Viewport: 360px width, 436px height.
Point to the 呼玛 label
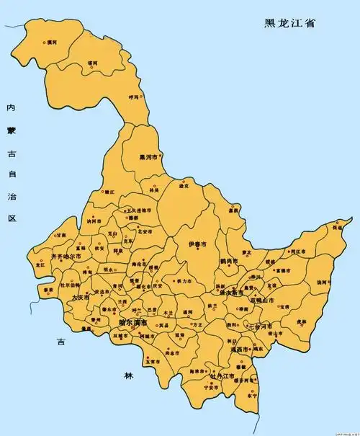134,97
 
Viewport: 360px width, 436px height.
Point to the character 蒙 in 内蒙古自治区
10,130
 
